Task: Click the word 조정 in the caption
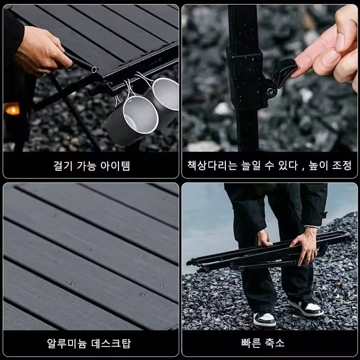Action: (x=342, y=166)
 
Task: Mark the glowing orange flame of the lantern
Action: (x=12, y=109)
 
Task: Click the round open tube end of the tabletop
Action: (x=93, y=69)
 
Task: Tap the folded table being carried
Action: (x=270, y=254)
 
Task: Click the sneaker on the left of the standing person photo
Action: (x=265, y=319)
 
